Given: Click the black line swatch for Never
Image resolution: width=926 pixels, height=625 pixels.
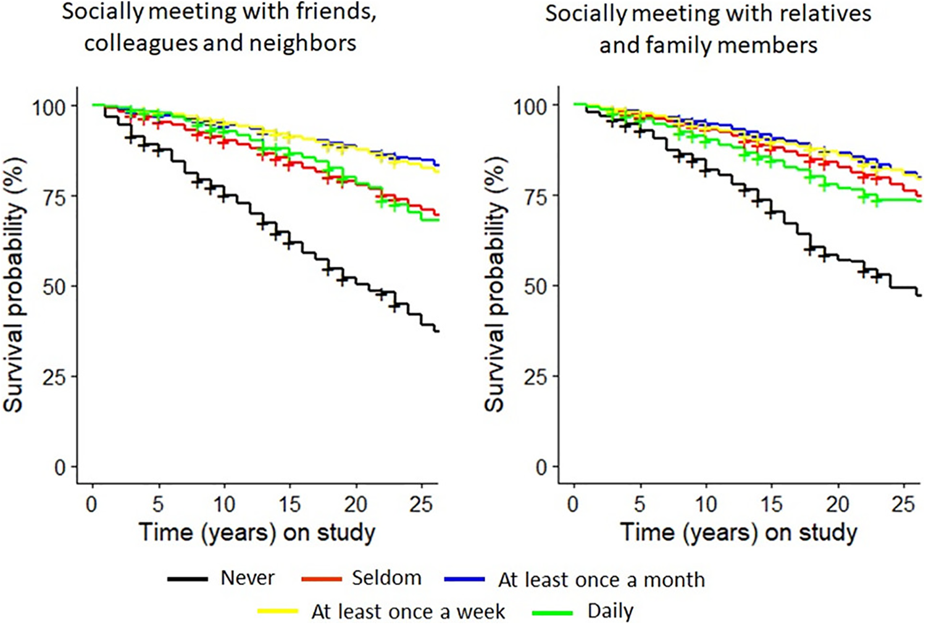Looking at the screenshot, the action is click(x=188, y=579).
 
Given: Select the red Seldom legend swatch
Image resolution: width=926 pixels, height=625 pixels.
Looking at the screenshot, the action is click(x=322, y=579).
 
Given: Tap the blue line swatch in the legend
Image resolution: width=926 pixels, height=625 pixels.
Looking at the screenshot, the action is click(x=464, y=579).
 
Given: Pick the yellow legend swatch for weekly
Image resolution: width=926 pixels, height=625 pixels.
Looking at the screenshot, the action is click(x=278, y=611).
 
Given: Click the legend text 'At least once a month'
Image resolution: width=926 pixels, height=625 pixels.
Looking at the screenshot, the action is click(x=601, y=579).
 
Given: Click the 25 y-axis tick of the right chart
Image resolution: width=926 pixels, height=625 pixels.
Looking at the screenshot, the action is click(x=536, y=376).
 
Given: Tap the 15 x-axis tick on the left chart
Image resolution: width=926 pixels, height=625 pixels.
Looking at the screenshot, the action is click(x=290, y=504).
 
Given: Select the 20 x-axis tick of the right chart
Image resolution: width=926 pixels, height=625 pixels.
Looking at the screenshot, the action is click(x=838, y=504).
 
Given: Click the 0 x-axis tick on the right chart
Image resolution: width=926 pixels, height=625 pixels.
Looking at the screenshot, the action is click(x=574, y=504).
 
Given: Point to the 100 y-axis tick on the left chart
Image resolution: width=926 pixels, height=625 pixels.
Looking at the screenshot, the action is click(x=49, y=107).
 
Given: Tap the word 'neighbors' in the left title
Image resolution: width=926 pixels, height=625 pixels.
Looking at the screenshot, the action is click(x=303, y=43).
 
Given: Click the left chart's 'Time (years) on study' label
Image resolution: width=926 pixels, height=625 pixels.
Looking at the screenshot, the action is click(x=257, y=533).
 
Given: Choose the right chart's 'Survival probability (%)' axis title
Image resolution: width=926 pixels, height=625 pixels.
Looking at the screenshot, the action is click(x=495, y=285).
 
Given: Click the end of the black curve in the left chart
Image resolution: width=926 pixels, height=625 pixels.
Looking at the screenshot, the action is click(x=438, y=331).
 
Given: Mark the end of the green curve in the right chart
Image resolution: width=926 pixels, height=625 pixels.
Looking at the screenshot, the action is click(x=920, y=201).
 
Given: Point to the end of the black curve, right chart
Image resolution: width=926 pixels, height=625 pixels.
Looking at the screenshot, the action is click(x=920, y=296).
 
